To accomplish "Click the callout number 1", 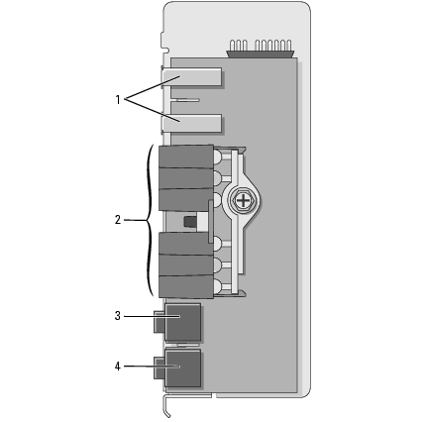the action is coord(118,99).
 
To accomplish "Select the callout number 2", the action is coord(118,220).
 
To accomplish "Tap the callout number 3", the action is coord(118,316).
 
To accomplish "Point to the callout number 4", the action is coord(118,367).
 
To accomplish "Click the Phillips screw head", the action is coord(243,201).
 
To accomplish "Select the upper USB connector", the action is coord(191,77).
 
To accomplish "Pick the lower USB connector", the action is coord(191,124).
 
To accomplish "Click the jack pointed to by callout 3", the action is coord(182,323).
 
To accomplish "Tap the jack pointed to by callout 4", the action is coord(182,369).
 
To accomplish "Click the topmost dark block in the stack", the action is coord(186,157).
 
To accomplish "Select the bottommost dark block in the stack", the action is coord(186,287).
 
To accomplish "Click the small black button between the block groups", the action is coord(190,222).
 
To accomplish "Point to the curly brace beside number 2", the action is coord(150,220).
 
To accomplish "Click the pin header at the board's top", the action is coord(261,49).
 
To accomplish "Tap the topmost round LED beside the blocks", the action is coord(218,158).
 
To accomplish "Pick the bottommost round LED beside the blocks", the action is coord(218,285).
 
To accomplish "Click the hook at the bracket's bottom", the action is coord(166,407).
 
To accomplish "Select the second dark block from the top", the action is coord(186,178).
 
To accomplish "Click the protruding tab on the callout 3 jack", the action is coord(159,321).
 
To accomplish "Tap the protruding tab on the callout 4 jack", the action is coord(159,368).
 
